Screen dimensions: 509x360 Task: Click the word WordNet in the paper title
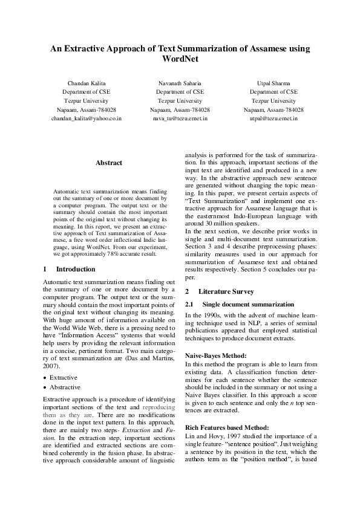pos(180,60)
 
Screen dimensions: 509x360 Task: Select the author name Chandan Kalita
pos(86,82)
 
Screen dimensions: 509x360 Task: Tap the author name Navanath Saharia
pos(180,82)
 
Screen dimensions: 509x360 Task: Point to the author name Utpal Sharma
pos(273,82)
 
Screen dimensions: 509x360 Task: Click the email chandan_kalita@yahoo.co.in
pos(86,119)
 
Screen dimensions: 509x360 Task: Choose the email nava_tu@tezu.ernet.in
pos(180,119)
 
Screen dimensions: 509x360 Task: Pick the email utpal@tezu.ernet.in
pos(273,119)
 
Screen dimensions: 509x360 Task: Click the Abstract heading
pos(109,163)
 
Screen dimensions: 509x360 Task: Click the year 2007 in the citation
pos(53,366)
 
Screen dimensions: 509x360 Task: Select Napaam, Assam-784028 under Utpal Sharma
pos(273,110)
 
